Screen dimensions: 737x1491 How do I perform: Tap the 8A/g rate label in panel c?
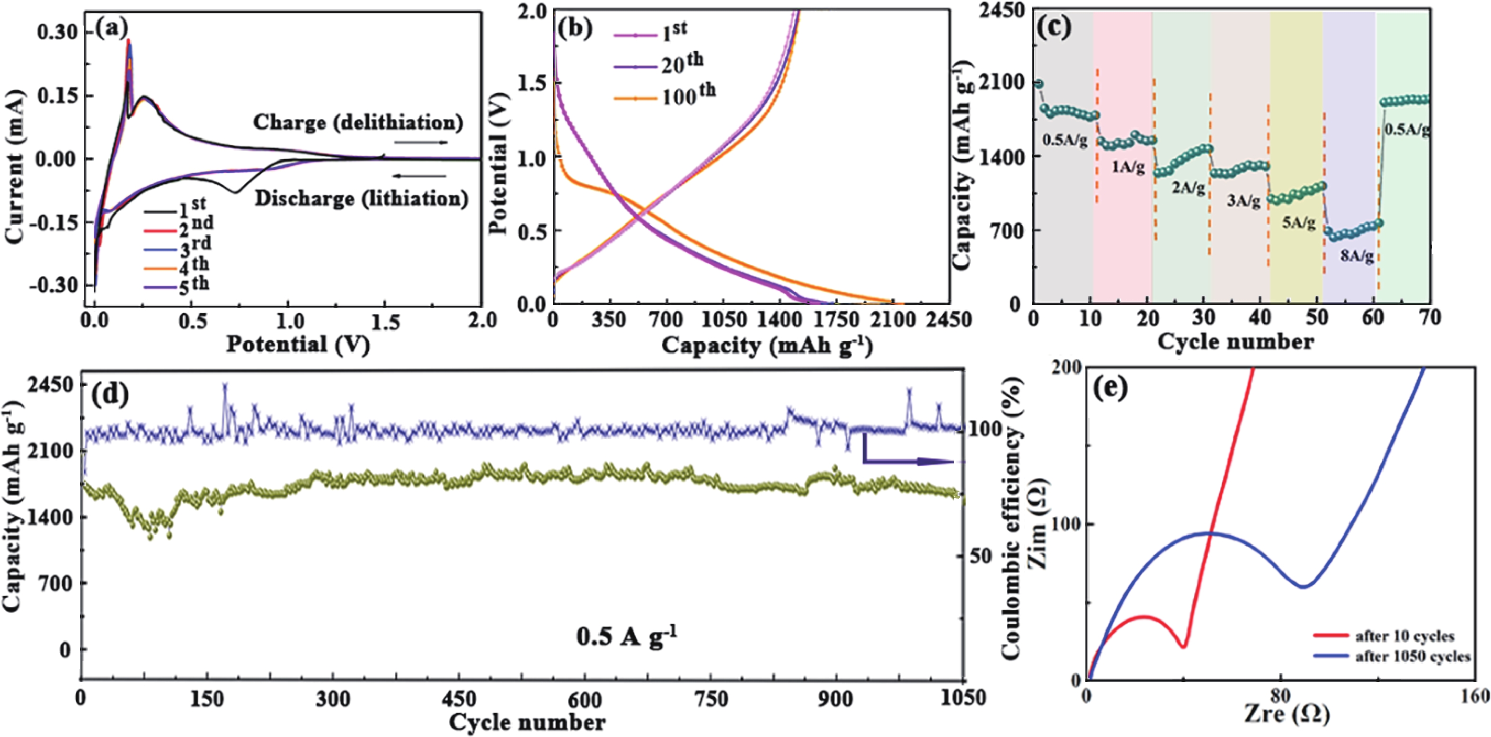click(1356, 256)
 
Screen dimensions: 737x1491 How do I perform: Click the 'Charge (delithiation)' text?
click(358, 123)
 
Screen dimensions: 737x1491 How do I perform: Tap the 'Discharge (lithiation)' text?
click(362, 199)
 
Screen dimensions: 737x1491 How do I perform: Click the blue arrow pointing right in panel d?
click(909, 461)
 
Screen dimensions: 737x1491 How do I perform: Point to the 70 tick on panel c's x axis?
click(1430, 317)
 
